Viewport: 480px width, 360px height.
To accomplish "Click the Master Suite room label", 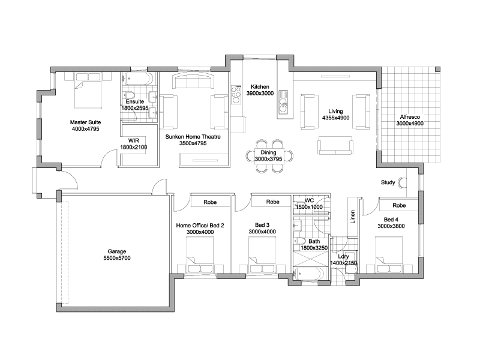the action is (x=85, y=122).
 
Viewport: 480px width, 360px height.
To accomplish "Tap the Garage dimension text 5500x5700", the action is (x=117, y=258).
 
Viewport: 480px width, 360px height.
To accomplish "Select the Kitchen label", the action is (x=260, y=86).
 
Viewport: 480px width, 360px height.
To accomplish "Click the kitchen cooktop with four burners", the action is (x=236, y=94).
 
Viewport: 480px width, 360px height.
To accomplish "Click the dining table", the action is (x=269, y=156).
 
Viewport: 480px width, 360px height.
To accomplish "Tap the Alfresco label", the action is (x=410, y=116).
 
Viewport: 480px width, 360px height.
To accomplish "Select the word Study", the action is (x=388, y=182).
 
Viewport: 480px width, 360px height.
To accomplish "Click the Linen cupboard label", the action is (x=353, y=217).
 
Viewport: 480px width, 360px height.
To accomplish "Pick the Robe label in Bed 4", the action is (x=399, y=205).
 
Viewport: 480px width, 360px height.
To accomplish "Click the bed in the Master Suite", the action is (x=88, y=91).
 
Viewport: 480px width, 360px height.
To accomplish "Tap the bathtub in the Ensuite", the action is (x=138, y=79).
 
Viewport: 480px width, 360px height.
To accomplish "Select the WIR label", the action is (x=133, y=140).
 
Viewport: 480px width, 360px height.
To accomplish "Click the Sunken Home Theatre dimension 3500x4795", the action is (x=193, y=143).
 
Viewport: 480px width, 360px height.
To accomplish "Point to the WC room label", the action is (x=309, y=200).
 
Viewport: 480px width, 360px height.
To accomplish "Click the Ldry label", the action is (x=343, y=257).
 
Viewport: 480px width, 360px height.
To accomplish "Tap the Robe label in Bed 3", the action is (x=273, y=202).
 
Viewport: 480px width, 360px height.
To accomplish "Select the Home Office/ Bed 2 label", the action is (x=200, y=226).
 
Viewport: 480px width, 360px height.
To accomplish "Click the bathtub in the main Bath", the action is (x=309, y=273).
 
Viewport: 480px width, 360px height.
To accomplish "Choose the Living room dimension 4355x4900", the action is (x=335, y=118).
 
